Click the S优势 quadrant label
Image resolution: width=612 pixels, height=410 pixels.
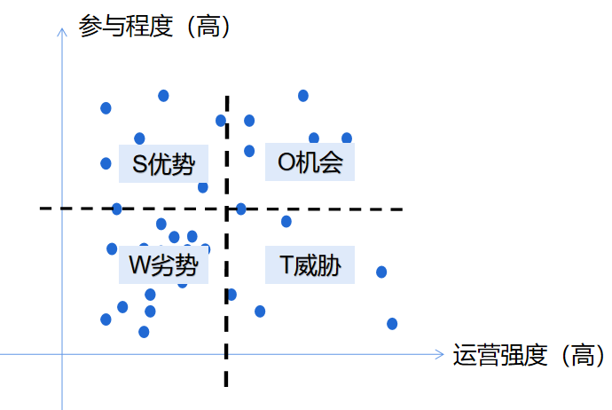tap(163, 164)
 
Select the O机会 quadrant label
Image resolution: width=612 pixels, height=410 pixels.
tap(310, 163)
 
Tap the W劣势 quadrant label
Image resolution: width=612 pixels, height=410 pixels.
tap(163, 264)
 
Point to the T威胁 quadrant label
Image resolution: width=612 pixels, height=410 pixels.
tap(310, 264)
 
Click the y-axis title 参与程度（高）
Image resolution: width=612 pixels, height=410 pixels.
tap(155, 28)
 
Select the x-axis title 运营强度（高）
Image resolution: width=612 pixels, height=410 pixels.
tap(529, 356)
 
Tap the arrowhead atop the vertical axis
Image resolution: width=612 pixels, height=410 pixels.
tap(61, 32)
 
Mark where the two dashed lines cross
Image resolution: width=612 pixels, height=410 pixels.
tap(227, 209)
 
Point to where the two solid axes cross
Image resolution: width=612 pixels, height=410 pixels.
tap(61, 355)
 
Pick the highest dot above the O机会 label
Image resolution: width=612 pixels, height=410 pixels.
tap(303, 95)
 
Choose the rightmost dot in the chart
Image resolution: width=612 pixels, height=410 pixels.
tap(392, 323)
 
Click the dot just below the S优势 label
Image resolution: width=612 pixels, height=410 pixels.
tap(203, 187)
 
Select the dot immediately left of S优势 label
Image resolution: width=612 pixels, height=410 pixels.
tap(106, 163)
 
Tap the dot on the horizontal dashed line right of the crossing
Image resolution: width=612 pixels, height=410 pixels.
tap(240, 209)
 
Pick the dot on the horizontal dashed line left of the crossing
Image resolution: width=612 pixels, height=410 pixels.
tap(117, 209)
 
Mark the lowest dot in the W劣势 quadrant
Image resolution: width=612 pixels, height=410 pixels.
tap(144, 332)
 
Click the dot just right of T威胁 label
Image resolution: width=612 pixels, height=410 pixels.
tap(381, 272)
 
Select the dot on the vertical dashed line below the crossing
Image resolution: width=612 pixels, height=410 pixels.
tap(231, 295)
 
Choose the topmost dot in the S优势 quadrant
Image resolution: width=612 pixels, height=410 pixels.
tap(163, 95)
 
